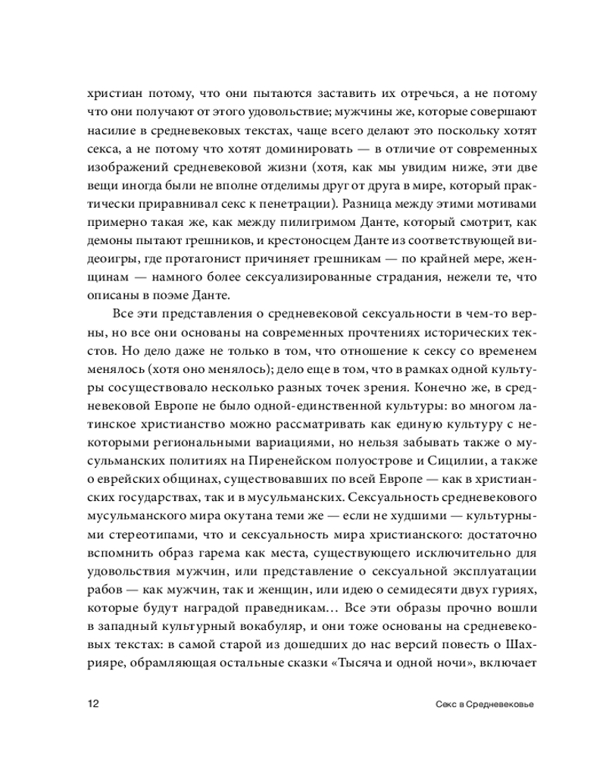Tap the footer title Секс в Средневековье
tap(482, 703)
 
